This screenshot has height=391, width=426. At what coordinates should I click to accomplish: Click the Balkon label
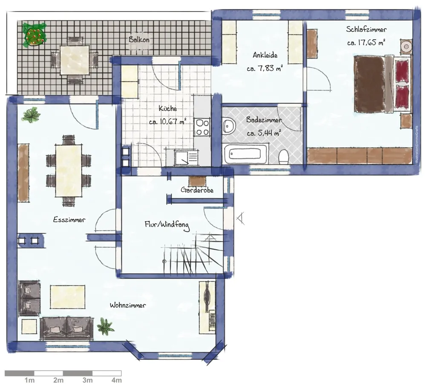pos(139,39)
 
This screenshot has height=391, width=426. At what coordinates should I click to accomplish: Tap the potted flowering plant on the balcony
pos(34,35)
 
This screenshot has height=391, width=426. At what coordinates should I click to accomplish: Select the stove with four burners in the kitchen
pos(202,127)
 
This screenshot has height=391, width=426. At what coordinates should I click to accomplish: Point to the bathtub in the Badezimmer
pos(246,154)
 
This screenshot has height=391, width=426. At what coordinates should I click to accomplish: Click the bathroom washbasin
pos(229,125)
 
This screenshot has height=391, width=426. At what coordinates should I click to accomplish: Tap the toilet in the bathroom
pos(284,156)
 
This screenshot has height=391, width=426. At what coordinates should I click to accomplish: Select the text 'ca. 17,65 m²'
pos(366,43)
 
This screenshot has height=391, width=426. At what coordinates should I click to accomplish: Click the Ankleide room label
pos(265,55)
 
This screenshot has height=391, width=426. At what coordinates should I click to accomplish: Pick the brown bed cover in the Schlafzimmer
pos(369,84)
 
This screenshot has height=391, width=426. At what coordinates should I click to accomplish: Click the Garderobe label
pos(197,190)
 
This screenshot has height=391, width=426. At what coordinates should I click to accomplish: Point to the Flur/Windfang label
pos(167,225)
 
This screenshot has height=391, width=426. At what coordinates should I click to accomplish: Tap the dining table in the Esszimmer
pos(69,170)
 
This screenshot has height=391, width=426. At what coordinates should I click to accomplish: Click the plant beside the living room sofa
pos(105,326)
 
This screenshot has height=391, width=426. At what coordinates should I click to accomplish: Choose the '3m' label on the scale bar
pos(87,380)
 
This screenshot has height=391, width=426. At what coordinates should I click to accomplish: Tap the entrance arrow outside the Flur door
pos(240,219)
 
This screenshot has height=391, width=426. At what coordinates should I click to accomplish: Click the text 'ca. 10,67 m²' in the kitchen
pos(167,121)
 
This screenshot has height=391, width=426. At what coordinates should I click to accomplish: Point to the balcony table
pos(75,60)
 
